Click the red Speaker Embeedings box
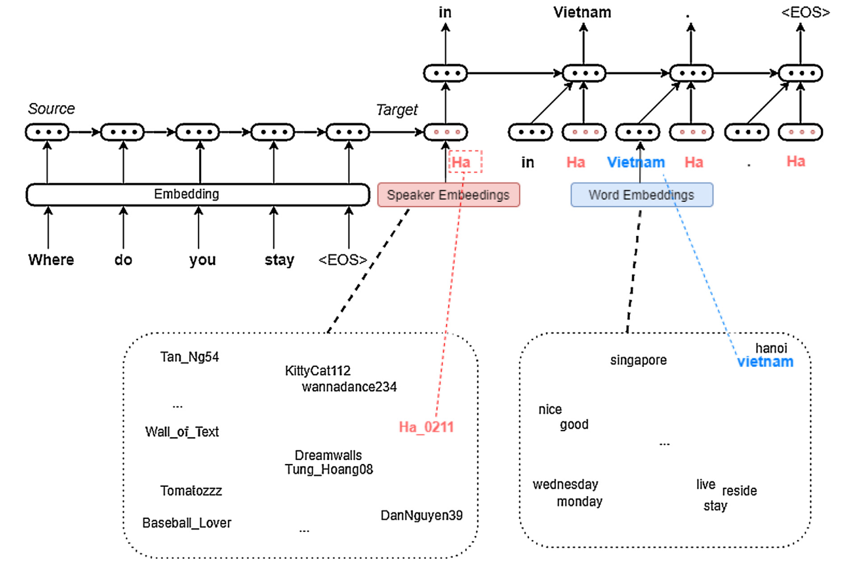448,195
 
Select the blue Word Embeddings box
642,195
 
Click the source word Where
51,260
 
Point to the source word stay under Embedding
279,260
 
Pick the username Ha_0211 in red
426,427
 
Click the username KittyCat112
318,371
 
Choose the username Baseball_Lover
186,523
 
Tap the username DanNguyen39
421,515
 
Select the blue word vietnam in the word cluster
765,362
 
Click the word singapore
638,360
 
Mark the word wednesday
565,484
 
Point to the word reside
739,491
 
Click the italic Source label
52,109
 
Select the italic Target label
397,110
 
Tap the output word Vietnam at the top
582,12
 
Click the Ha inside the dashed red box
461,162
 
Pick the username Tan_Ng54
189,357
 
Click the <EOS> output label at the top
805,12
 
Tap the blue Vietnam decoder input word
636,162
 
